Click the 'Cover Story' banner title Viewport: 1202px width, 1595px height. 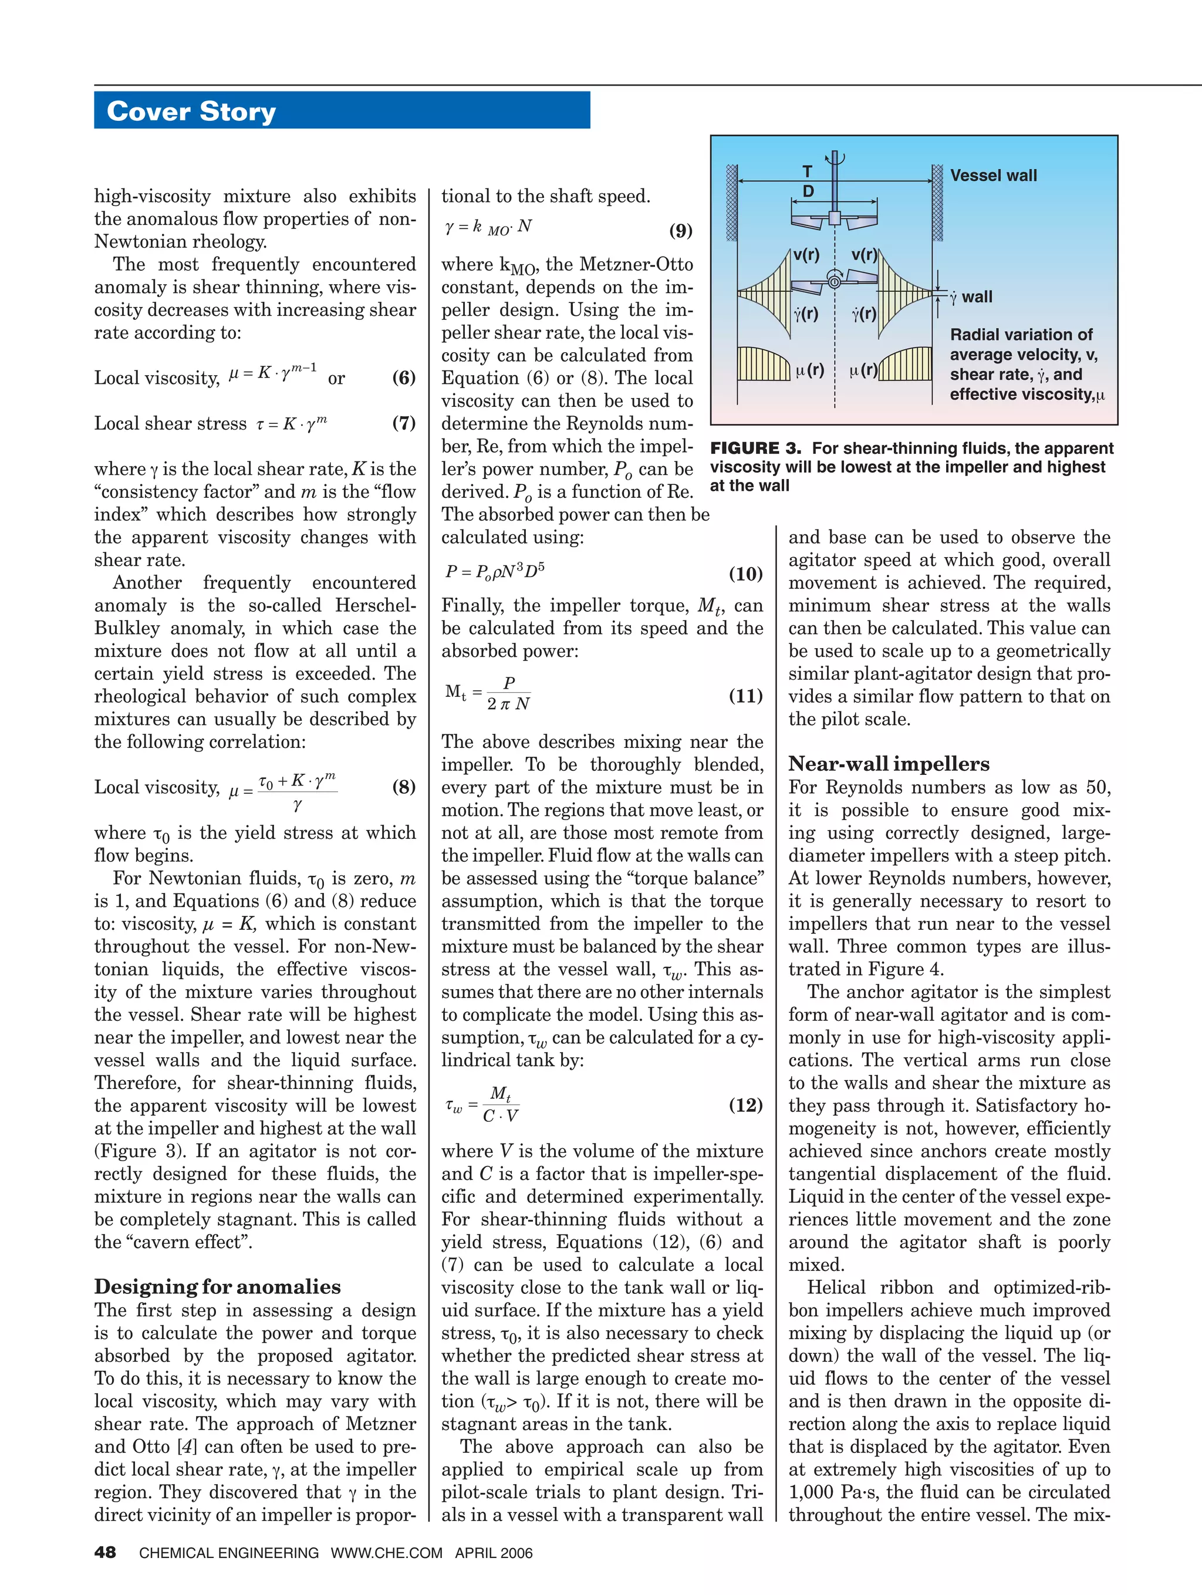click(x=191, y=112)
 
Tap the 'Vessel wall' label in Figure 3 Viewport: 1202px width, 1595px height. click(x=993, y=175)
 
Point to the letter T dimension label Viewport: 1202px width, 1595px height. click(x=808, y=171)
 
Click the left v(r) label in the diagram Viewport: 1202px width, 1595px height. click(x=806, y=255)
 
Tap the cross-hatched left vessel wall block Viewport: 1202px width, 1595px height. click(x=731, y=203)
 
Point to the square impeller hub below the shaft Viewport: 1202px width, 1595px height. click(x=834, y=217)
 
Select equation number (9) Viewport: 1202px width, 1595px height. click(x=680, y=231)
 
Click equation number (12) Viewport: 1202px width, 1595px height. click(x=745, y=1105)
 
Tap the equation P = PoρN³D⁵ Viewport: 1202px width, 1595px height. click(x=495, y=571)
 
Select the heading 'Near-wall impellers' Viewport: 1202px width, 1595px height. click(x=889, y=764)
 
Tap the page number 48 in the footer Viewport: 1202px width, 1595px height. click(x=105, y=1553)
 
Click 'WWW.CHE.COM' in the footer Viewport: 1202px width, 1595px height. click(x=387, y=1553)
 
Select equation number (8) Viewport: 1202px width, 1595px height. click(x=404, y=787)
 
